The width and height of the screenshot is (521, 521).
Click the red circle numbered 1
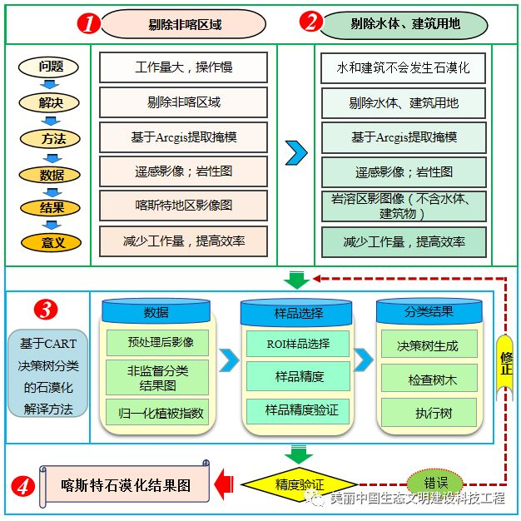tap(89, 23)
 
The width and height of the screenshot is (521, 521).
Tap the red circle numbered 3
tap(46, 310)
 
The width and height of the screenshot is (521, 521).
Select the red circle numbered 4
tap(23, 487)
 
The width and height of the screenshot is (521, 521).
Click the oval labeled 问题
tap(48, 67)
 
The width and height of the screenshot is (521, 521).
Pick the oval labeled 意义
tap(51, 243)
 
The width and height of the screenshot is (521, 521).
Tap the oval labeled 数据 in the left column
tap(50, 175)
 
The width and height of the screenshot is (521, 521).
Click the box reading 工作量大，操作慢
tap(183, 67)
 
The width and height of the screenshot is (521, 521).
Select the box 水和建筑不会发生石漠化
tap(404, 68)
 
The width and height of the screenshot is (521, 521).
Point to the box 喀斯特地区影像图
tap(183, 206)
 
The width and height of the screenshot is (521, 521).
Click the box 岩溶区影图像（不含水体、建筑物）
tap(404, 206)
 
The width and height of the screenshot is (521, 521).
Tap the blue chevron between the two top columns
tap(296, 153)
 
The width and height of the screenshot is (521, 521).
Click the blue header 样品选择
tap(296, 312)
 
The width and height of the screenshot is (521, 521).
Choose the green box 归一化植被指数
tap(157, 413)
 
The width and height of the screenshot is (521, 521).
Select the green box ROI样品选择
tap(298, 344)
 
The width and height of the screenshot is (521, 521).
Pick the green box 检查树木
tap(429, 379)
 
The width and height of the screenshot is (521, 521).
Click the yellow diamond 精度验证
tap(300, 484)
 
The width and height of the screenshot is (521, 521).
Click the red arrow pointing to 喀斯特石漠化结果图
tap(224, 484)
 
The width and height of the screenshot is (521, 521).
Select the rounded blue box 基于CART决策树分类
tap(47, 373)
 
